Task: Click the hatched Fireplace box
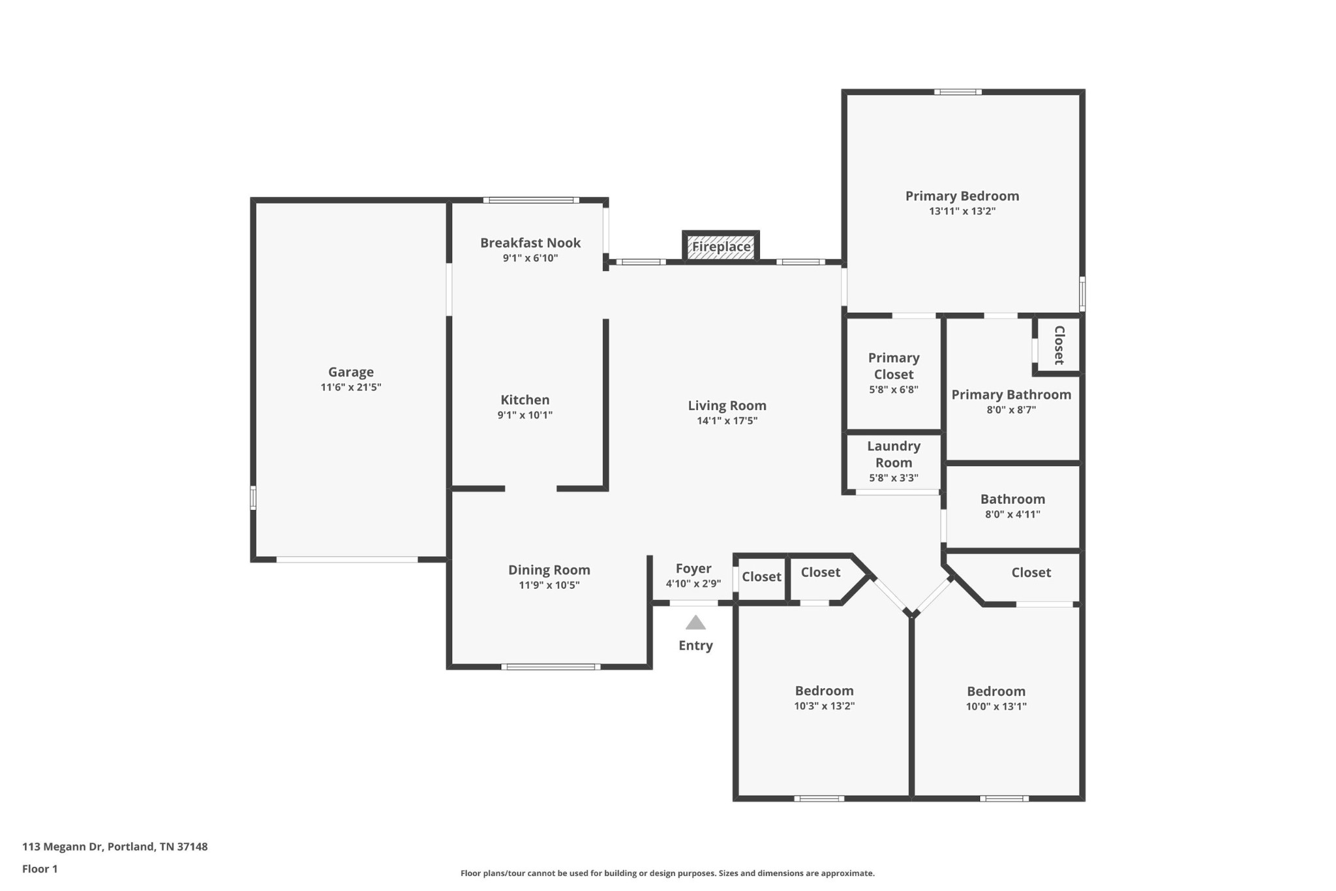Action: pyautogui.click(x=721, y=247)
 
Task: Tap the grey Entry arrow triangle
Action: pyautogui.click(x=695, y=623)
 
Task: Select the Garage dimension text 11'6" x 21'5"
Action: pyautogui.click(x=350, y=387)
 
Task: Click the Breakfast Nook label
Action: pyautogui.click(x=530, y=243)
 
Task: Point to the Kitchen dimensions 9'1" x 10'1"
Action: pyautogui.click(x=524, y=415)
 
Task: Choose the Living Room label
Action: pyautogui.click(x=727, y=405)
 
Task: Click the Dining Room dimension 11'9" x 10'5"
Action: pyautogui.click(x=549, y=585)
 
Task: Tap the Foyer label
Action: pyautogui.click(x=693, y=569)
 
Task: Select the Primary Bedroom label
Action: pyautogui.click(x=962, y=196)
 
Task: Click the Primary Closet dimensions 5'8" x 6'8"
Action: pyautogui.click(x=893, y=390)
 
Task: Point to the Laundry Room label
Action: pyautogui.click(x=893, y=454)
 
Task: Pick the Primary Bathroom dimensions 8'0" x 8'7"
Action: pyautogui.click(x=1010, y=410)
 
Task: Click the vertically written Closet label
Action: pyautogui.click(x=1059, y=345)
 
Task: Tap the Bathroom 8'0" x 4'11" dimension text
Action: pyautogui.click(x=1012, y=514)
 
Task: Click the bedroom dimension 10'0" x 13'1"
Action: pyautogui.click(x=995, y=706)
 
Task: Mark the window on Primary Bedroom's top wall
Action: pyautogui.click(x=957, y=92)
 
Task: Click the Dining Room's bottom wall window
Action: pyautogui.click(x=551, y=666)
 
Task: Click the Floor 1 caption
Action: pyautogui.click(x=40, y=869)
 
